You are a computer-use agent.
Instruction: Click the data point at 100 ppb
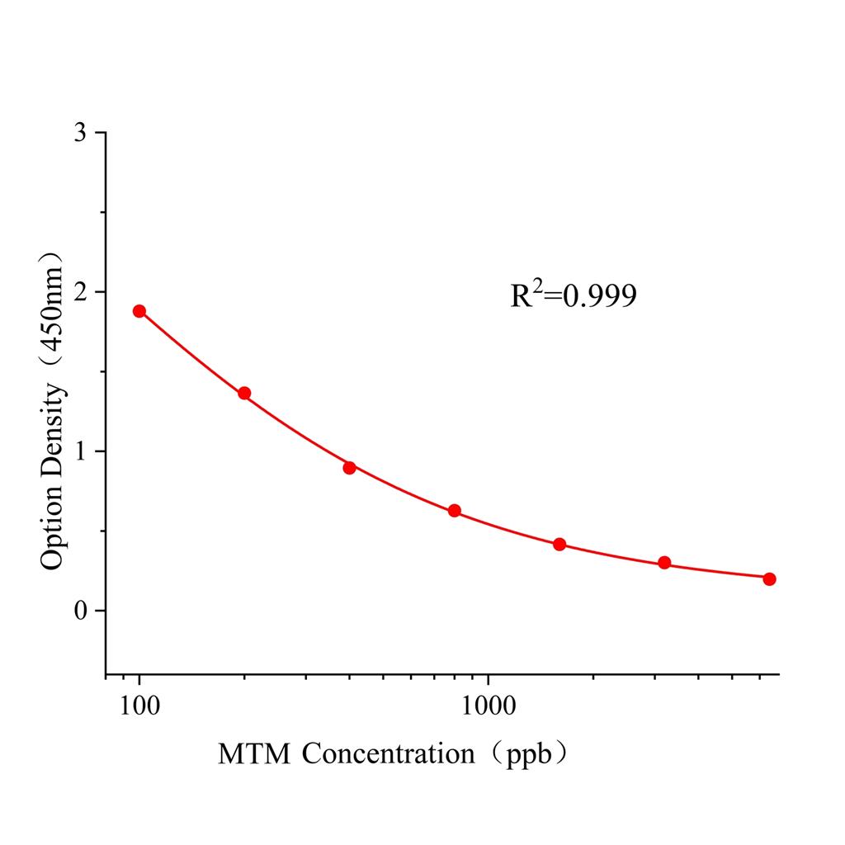pyautogui.click(x=139, y=311)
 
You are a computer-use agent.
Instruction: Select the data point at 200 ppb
pyautogui.click(x=244, y=393)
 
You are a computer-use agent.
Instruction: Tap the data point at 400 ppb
pyautogui.click(x=349, y=467)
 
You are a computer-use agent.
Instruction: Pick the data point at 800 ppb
pyautogui.click(x=454, y=511)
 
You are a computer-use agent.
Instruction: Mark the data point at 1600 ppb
pyautogui.click(x=559, y=544)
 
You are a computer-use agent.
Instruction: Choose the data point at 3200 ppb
pyautogui.click(x=664, y=563)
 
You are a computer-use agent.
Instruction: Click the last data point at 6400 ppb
pyautogui.click(x=769, y=578)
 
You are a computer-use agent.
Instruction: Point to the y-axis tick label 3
pyautogui.click(x=79, y=133)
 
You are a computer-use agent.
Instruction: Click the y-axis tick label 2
pyautogui.click(x=79, y=292)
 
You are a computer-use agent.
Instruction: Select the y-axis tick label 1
pyautogui.click(x=79, y=451)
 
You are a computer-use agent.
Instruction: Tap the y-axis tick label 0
pyautogui.click(x=79, y=611)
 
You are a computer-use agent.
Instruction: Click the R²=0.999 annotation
pyautogui.click(x=574, y=295)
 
